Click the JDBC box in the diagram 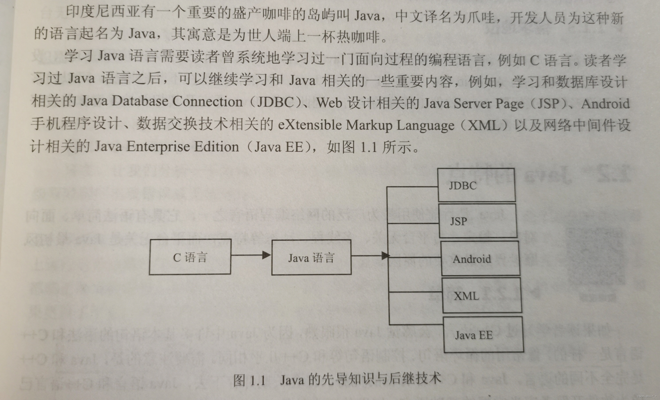click(476, 185)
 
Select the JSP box click(478, 221)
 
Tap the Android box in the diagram click(480, 258)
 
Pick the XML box click(482, 295)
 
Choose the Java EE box click(484, 335)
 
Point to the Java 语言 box click(311, 258)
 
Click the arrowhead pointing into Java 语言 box click(266, 255)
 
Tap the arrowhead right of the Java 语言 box click(385, 255)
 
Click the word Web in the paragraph click(330, 103)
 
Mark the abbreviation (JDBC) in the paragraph click(276, 102)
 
